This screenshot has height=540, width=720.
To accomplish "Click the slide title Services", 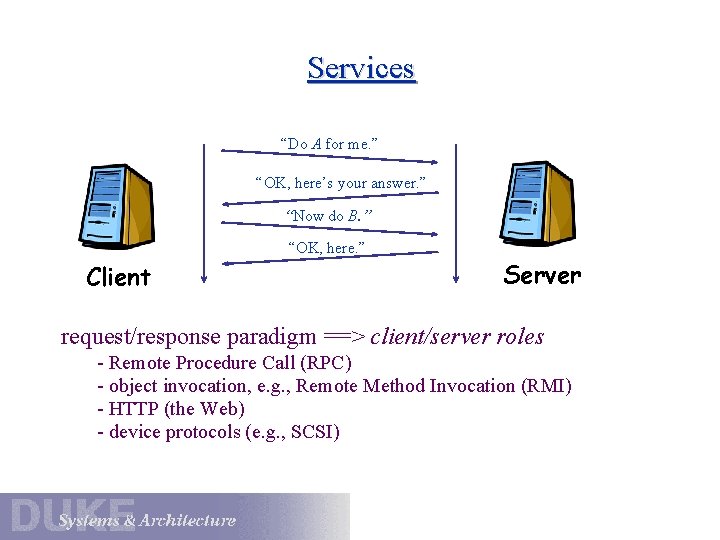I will (361, 68).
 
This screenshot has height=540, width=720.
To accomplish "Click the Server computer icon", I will (541, 204).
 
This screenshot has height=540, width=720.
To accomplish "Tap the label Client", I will (118, 277).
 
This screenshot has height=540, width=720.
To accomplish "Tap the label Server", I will (542, 275).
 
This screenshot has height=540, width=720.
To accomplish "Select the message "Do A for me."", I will (329, 144).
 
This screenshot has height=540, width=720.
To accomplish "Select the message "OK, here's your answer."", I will (340, 183).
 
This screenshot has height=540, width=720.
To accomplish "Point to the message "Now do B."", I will (329, 216).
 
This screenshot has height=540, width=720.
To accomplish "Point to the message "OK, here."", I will (326, 246).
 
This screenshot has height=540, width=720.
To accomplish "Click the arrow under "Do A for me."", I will (330, 157).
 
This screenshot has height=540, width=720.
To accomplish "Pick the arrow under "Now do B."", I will (330, 229).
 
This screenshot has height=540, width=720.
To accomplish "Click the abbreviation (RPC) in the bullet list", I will (326, 362).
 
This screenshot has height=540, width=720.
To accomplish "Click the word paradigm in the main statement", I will (273, 336).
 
